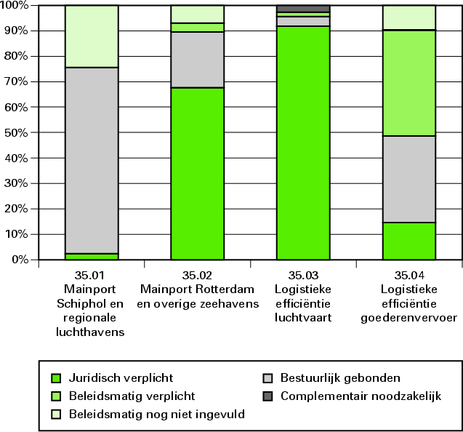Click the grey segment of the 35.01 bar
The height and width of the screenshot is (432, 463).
pos(92,160)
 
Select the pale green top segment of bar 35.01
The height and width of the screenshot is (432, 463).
pos(92,36)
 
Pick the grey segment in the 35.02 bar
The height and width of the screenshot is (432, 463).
pos(197,60)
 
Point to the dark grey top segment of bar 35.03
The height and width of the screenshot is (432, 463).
pos(302,9)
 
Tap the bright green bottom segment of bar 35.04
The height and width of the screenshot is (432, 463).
pos(408,241)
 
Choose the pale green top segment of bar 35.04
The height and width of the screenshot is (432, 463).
pos(408,17)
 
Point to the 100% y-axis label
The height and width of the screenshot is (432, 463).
pos(14,6)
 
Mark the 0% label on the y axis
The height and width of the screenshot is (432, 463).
pos(18,260)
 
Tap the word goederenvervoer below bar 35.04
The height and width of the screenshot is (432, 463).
pos(408,317)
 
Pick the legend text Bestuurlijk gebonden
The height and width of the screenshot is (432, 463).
pos(340,378)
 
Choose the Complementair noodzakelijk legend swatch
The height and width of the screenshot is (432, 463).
pos(267,396)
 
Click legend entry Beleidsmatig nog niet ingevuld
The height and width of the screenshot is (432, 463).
pos(156,415)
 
